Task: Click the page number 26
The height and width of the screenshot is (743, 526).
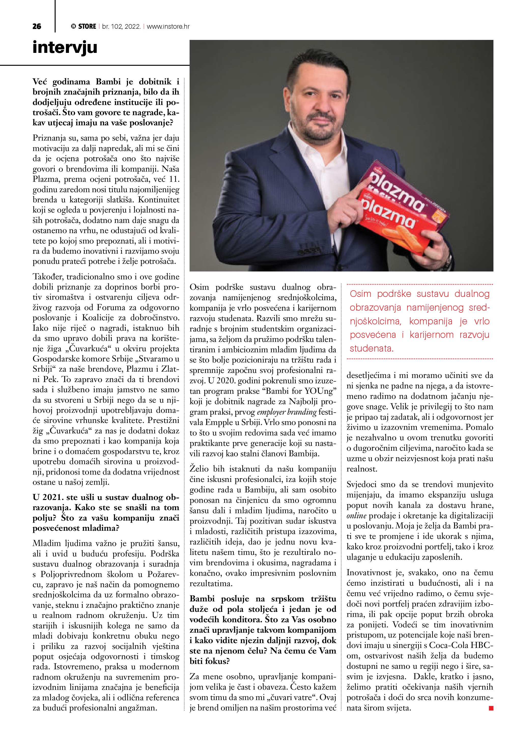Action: [x=37, y=26]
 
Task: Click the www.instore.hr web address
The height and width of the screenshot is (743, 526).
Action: [x=168, y=26]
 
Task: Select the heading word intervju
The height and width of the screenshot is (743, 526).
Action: [x=65, y=47]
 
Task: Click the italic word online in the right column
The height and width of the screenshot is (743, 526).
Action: [x=356, y=515]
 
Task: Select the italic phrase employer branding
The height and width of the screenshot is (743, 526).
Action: [x=287, y=412]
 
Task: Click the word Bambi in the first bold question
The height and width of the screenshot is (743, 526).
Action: [x=108, y=82]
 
